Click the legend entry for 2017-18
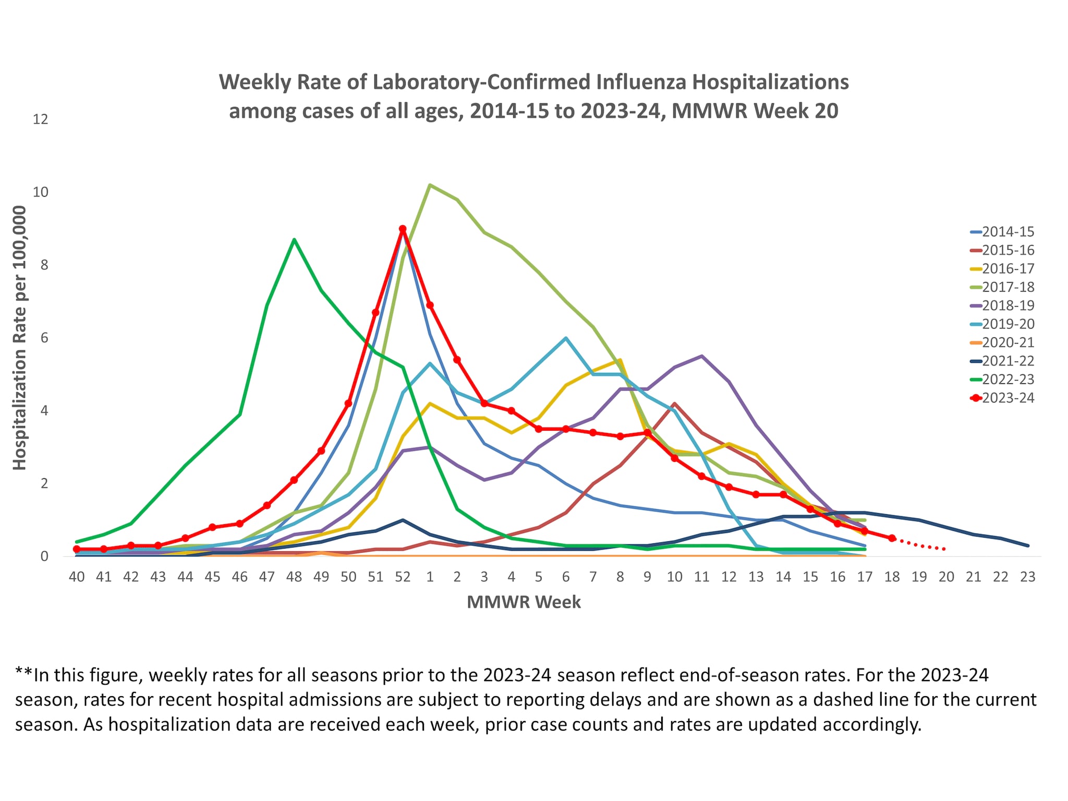1008,287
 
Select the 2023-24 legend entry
1008,398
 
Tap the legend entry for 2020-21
1008,343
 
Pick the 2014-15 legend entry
1008,232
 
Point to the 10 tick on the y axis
40,192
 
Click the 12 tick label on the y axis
40,119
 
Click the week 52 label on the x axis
403,577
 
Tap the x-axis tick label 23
1027,577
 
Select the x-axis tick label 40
77,577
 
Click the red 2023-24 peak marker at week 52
403,229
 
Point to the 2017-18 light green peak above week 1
430,185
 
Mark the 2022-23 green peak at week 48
294,240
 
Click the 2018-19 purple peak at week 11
702,356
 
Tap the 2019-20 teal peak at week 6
566,338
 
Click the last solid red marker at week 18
892,538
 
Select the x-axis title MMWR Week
524,602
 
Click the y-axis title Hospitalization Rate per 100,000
19,338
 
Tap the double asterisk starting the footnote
23,675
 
